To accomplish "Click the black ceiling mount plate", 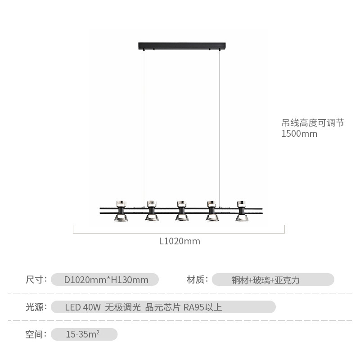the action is tap(182, 46).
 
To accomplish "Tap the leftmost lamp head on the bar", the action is tap(121, 211).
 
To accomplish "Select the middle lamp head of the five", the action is tap(182, 211).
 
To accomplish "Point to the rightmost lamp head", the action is tap(242, 211).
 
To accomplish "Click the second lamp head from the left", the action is tap(152, 211).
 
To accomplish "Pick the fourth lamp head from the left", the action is tap(212, 211).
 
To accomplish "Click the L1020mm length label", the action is tap(180, 241).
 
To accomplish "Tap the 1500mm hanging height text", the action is tap(299, 134).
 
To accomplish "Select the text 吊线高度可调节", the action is tap(313, 123).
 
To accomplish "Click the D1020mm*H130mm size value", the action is tap(106, 280).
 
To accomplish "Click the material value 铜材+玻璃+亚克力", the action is tap(265, 280).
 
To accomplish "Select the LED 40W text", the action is tap(83, 307).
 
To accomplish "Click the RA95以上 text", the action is tap(203, 307).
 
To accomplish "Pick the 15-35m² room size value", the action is tap(83, 334).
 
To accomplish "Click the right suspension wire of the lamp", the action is tap(220, 129).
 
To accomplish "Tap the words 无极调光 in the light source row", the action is tap(123, 307).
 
